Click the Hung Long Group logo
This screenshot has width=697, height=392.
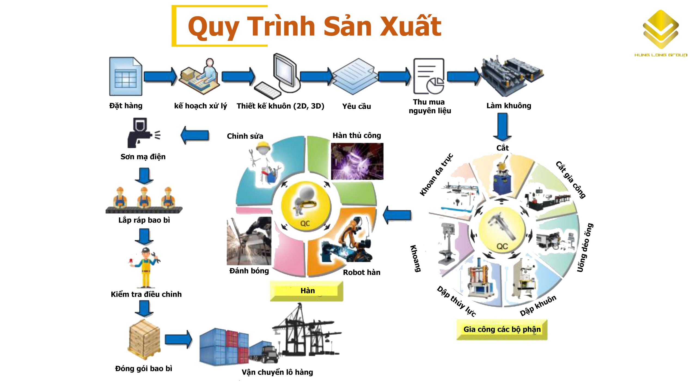coord(661,33)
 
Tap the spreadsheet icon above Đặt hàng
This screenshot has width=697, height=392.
coord(126,77)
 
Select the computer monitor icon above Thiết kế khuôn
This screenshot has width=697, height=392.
coord(285,71)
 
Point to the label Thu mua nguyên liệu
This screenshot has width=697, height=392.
coord(430,106)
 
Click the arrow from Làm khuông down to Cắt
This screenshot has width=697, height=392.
coord(502,127)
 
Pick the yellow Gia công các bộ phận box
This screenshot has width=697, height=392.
coord(502,330)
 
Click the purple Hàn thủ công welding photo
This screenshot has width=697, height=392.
coord(357,161)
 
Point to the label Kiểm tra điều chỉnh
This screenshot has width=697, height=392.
coord(146,294)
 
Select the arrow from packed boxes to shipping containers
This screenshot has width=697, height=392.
coord(179,339)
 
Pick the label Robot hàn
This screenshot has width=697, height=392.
coord(362,272)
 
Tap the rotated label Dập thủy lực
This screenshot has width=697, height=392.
coord(456,301)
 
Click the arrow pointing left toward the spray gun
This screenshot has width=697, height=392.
coord(195,135)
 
